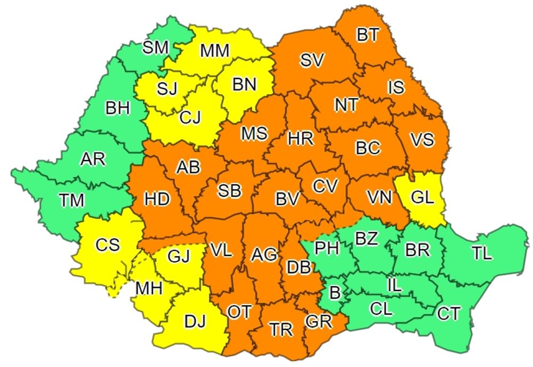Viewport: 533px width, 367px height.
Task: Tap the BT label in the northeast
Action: pyautogui.click(x=368, y=35)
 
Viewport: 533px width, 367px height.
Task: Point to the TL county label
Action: pyautogui.click(x=481, y=254)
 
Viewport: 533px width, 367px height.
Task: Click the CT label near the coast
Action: pyautogui.click(x=448, y=313)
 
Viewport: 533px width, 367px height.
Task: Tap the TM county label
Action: pyautogui.click(x=72, y=201)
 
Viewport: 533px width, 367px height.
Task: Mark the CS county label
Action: pyautogui.click(x=108, y=246)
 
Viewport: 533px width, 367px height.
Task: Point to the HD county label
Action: pyautogui.click(x=157, y=200)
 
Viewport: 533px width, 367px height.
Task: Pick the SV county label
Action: pyautogui.click(x=312, y=60)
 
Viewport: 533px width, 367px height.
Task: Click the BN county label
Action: pyautogui.click(x=244, y=84)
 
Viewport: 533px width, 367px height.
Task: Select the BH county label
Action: pyautogui.click(x=118, y=109)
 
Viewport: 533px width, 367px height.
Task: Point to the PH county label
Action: pyautogui.click(x=327, y=248)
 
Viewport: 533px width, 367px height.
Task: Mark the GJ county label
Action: pyautogui.click(x=178, y=257)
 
